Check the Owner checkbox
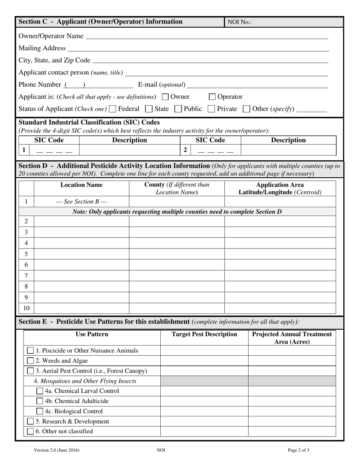[165, 97]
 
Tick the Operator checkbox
[212, 97]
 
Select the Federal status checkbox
[112, 109]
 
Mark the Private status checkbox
[211, 109]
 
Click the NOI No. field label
[239, 22]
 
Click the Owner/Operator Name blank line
[207, 36]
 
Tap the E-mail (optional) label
[162, 84]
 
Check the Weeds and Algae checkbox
[31, 361]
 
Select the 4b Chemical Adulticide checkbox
[40, 401]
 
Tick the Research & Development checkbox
[31, 421]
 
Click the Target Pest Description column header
[204, 334]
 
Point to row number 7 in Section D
[26, 275]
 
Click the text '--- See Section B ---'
[81, 202]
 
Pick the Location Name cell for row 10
[81, 308]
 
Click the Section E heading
[104, 322]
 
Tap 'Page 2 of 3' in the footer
[299, 450]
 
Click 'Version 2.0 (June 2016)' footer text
[57, 450]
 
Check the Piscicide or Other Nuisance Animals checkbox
[31, 351]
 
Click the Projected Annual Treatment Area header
[292, 338]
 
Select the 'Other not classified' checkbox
[31, 432]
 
